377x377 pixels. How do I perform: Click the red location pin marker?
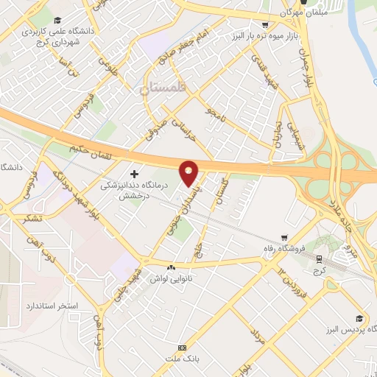click(189, 172)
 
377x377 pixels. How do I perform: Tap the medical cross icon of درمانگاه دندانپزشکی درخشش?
click(133, 174)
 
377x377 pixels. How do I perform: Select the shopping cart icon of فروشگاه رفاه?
click(284, 237)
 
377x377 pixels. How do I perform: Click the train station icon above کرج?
click(320, 258)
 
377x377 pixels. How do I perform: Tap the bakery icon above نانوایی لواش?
click(172, 267)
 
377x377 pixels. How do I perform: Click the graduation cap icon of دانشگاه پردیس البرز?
click(359, 319)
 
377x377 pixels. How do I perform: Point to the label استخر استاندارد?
click(49, 305)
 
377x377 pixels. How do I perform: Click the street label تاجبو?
click(214, 113)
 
